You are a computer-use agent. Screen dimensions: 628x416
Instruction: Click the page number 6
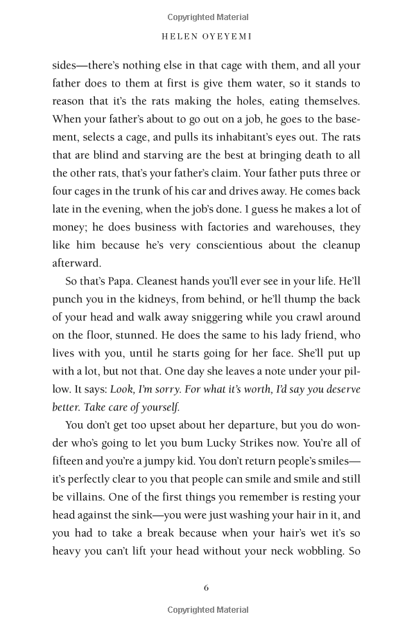207,588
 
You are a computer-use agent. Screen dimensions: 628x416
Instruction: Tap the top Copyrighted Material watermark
208,17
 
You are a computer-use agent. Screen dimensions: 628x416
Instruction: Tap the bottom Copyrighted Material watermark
208,610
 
